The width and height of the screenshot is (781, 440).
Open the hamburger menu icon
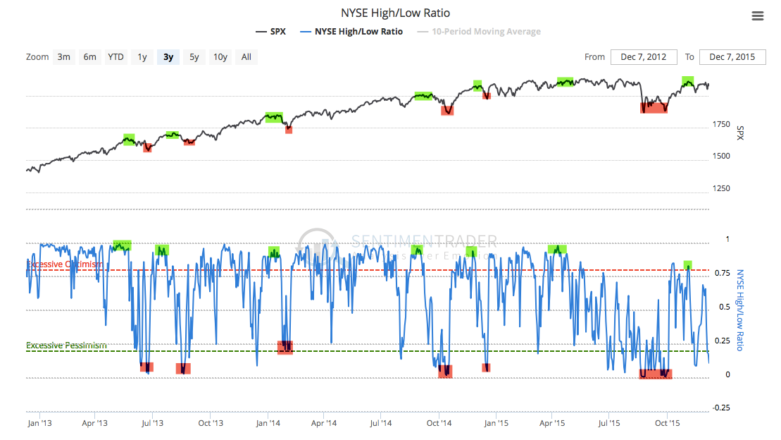coord(758,16)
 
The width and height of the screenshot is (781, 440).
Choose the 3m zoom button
coord(64,57)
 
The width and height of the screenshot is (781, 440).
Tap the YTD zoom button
coord(115,57)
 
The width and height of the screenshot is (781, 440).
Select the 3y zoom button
coord(168,57)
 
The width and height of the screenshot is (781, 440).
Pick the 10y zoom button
coord(220,57)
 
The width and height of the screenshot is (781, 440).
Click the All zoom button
coord(246,57)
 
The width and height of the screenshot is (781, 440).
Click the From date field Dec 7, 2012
coord(644,57)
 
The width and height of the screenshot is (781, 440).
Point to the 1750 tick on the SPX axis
coord(722,125)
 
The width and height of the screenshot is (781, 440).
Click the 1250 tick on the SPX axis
coord(722,189)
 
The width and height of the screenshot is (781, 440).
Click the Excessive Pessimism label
coord(66,346)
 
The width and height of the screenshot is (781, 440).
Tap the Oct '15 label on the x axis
coord(666,423)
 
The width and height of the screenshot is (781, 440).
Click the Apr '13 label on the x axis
coord(94,423)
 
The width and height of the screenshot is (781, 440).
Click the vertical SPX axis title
coord(740,133)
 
